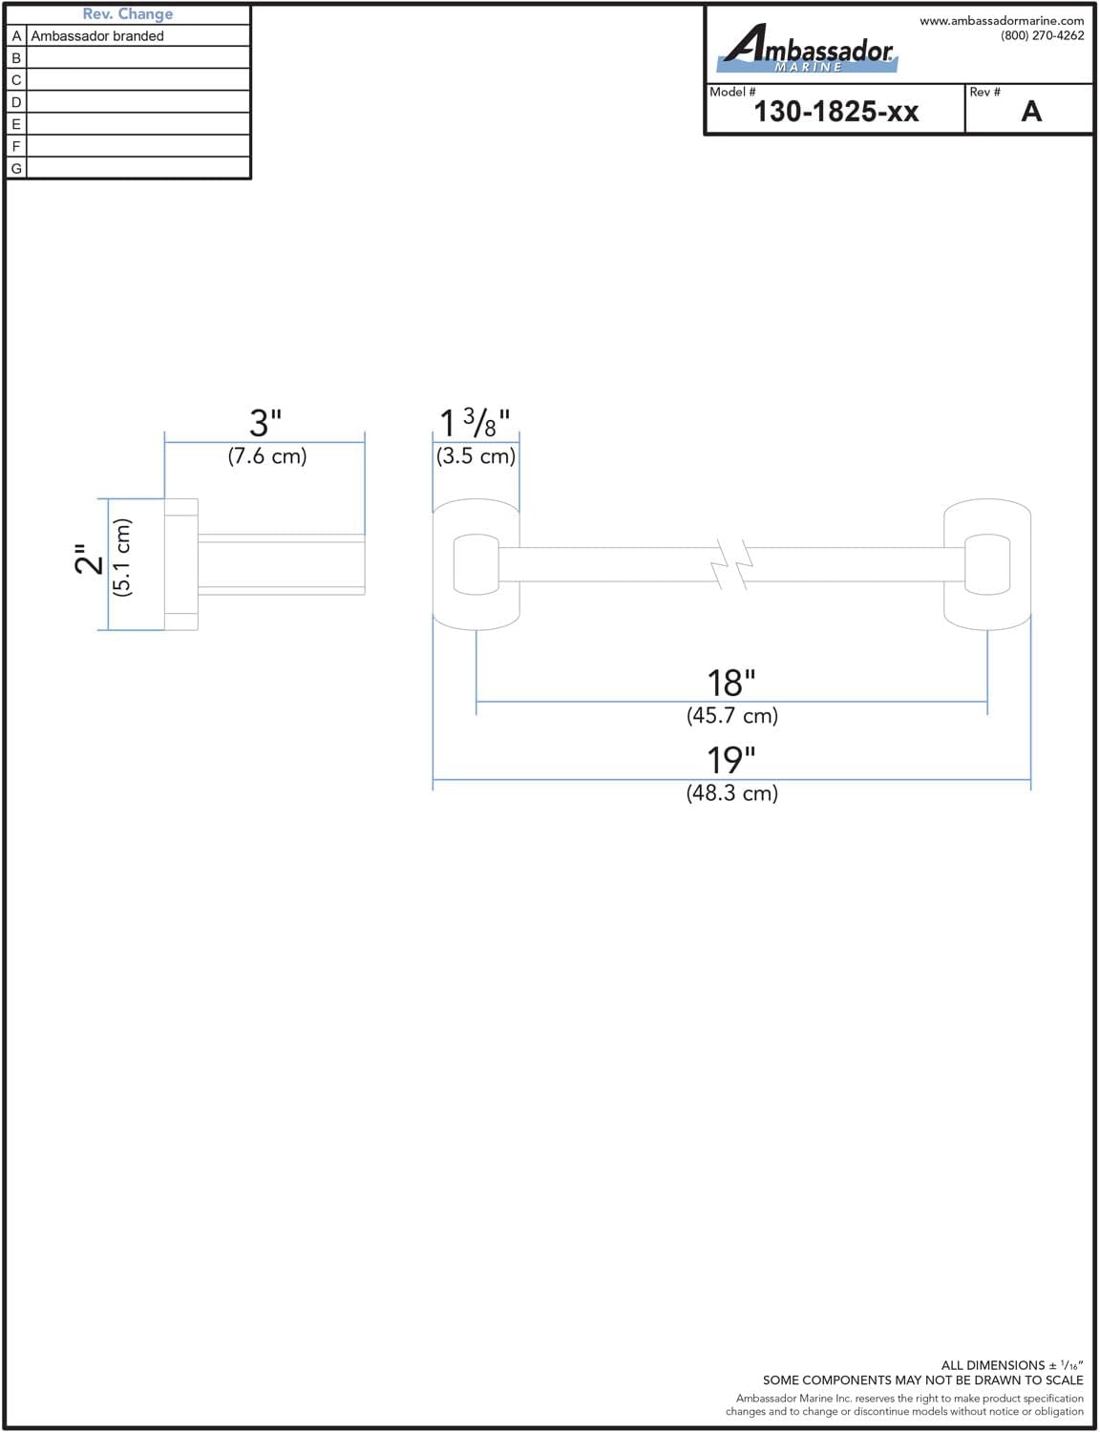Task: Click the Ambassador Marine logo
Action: click(x=808, y=48)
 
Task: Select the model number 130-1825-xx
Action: click(x=836, y=112)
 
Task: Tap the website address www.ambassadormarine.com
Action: click(x=1002, y=21)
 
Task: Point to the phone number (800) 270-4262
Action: click(x=1042, y=35)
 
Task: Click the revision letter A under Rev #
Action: click(x=1031, y=112)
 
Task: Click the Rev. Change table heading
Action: click(x=128, y=13)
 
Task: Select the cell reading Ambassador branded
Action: click(x=97, y=36)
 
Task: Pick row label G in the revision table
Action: click(x=16, y=169)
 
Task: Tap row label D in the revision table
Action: click(x=16, y=102)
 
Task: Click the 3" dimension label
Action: click(x=265, y=423)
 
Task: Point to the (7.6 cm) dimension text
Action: click(x=267, y=456)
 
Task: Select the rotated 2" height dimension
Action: click(x=90, y=559)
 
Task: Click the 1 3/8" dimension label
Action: click(x=475, y=423)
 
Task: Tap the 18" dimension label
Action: click(x=730, y=684)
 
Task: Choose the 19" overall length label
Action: click(x=730, y=761)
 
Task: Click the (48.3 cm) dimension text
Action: click(x=732, y=792)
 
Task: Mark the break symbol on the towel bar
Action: click(x=731, y=565)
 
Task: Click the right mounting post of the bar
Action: click(x=986, y=565)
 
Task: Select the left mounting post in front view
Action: click(x=476, y=565)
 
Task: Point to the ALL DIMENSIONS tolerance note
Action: click(x=1012, y=1365)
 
